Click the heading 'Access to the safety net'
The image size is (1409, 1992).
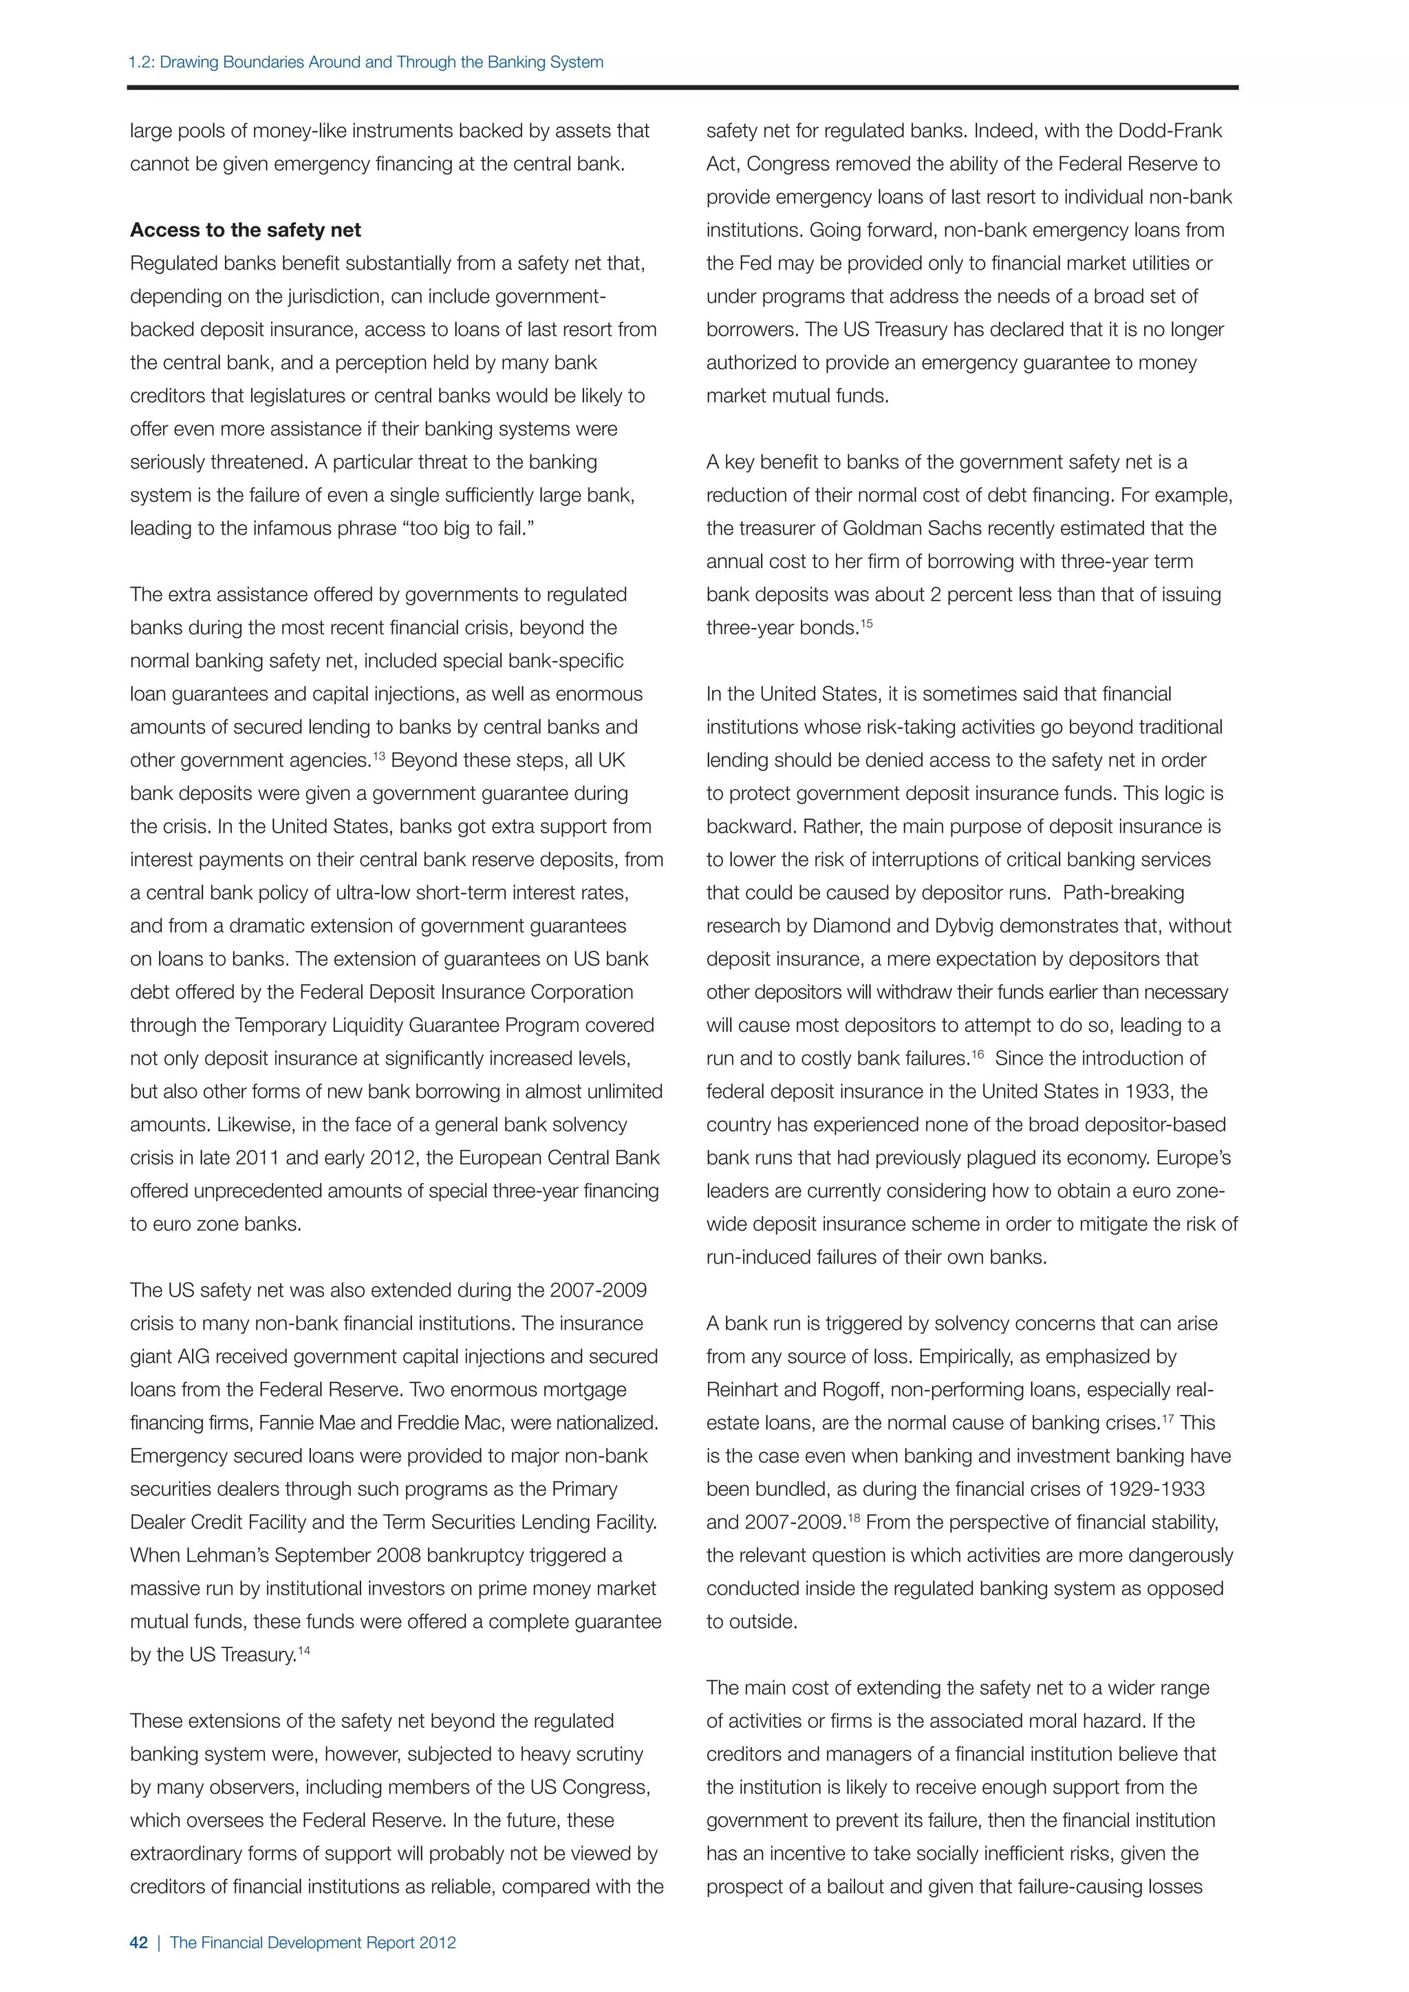(245, 230)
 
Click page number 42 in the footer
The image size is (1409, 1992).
(139, 1942)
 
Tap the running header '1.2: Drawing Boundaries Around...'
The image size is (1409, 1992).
(365, 63)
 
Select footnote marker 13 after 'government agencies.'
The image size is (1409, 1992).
(378, 756)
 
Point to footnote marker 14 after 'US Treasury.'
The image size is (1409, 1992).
(303, 1650)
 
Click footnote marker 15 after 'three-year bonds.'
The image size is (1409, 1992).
(866, 623)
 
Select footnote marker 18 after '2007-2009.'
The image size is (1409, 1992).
(854, 1517)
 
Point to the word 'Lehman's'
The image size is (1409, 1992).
(222, 1556)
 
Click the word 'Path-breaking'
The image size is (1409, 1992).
(1123, 893)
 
